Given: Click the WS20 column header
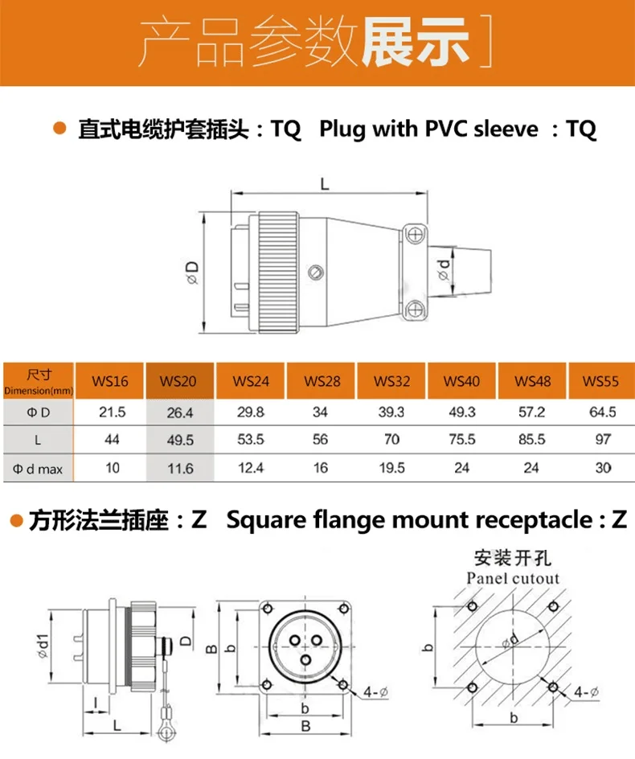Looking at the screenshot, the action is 178,380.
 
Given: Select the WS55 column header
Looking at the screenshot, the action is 600,380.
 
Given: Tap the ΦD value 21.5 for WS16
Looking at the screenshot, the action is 111,412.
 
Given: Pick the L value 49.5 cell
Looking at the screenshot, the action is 178,440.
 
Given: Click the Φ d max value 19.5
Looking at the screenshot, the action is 391,468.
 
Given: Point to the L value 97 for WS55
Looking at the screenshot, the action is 601,440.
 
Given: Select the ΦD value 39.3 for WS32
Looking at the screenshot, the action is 391,412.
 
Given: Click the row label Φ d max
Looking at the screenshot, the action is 38,468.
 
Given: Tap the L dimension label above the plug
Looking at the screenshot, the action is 324,183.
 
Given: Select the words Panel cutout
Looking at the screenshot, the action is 513,578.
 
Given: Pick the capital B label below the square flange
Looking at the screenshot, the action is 305,728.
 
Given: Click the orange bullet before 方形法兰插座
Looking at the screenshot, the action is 14,520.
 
